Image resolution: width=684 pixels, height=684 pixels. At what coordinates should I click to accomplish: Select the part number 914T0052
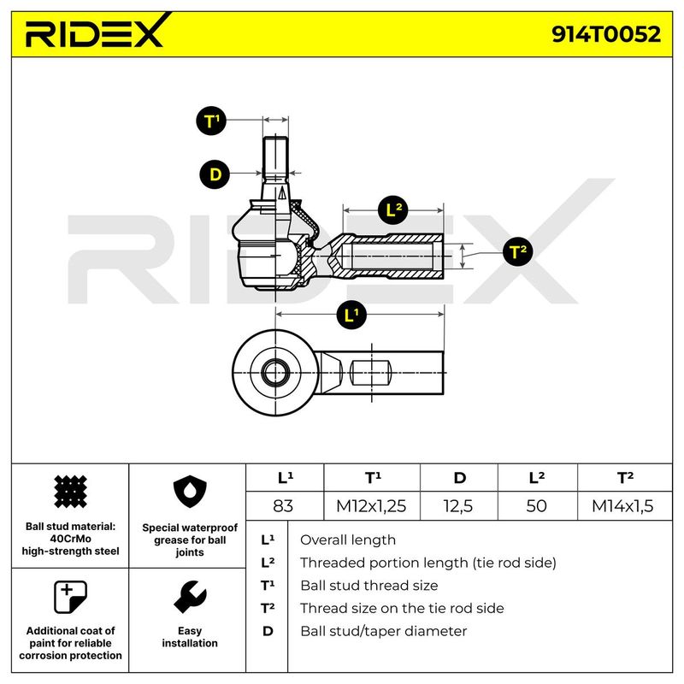[x=606, y=34]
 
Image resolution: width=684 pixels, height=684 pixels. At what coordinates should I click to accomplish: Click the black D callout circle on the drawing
[x=215, y=174]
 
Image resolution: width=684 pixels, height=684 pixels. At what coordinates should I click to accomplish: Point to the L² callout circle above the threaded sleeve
[x=393, y=209]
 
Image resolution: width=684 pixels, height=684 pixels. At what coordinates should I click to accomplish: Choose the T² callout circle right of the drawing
[x=517, y=251]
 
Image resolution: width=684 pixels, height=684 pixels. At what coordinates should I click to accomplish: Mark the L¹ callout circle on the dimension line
[x=351, y=315]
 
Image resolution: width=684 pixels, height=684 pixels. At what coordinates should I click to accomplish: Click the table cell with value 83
[x=283, y=506]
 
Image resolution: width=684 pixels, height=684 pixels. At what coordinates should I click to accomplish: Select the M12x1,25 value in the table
[x=371, y=506]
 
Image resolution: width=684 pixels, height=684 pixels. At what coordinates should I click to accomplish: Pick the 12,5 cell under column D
[x=458, y=506]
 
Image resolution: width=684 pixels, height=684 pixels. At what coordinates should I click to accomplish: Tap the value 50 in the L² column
[x=537, y=506]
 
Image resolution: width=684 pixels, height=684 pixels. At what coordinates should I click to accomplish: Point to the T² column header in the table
[x=625, y=478]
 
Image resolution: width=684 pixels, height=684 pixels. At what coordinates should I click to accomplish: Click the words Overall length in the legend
[x=348, y=540]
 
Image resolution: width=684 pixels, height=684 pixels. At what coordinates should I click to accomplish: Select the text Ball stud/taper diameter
[x=383, y=631]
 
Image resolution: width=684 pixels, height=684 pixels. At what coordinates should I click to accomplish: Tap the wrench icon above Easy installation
[x=190, y=597]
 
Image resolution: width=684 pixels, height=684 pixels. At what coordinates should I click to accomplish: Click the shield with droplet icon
[x=190, y=492]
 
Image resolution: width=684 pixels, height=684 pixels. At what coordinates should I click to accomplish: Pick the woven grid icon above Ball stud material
[x=70, y=492]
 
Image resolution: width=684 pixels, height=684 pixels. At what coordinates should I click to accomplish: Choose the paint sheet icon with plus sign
[x=70, y=597]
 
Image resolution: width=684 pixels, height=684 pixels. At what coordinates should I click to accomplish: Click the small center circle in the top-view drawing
[x=274, y=373]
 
